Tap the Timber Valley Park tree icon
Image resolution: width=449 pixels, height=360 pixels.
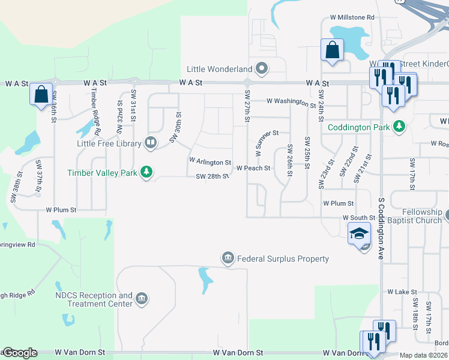click(146, 173)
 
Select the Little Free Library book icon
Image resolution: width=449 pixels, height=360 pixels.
click(151, 143)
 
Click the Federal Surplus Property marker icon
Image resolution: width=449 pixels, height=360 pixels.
click(228, 259)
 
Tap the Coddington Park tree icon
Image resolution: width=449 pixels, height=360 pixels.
click(399, 127)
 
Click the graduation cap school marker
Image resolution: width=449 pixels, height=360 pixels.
click(359, 233)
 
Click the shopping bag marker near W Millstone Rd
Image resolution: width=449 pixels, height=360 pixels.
click(332, 51)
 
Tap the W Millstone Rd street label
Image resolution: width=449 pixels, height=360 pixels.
click(352, 18)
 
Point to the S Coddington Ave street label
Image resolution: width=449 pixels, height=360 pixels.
click(381, 228)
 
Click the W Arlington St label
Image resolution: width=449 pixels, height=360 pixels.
click(209, 162)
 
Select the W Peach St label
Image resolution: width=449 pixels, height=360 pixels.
click(253, 169)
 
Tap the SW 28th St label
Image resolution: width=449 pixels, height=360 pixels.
click(212, 176)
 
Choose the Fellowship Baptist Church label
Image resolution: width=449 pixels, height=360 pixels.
click(415, 217)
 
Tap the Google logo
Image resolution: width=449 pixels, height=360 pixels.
click(19, 353)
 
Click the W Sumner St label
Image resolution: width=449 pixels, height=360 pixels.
click(267, 143)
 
